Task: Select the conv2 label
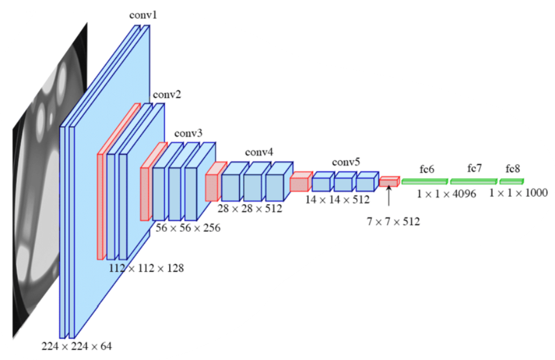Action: click(167, 95)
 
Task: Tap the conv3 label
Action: click(189, 134)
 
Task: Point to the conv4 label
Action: click(259, 152)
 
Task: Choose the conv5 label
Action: click(346, 162)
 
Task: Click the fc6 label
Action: click(427, 169)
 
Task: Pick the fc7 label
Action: click(475, 168)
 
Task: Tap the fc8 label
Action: click(512, 169)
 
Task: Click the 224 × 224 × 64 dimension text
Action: click(76, 346)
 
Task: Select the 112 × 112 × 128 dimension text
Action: click(146, 268)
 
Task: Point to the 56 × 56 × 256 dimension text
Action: click(187, 228)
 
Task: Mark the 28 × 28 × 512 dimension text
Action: click(250, 208)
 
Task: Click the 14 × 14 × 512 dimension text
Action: click(338, 200)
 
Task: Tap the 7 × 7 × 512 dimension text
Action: click(393, 222)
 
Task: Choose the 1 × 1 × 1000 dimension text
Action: click(518, 193)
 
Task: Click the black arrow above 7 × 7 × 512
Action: click(388, 197)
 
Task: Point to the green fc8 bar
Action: click(511, 181)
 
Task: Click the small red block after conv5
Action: click(388, 182)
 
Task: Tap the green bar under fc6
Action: click(424, 181)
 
